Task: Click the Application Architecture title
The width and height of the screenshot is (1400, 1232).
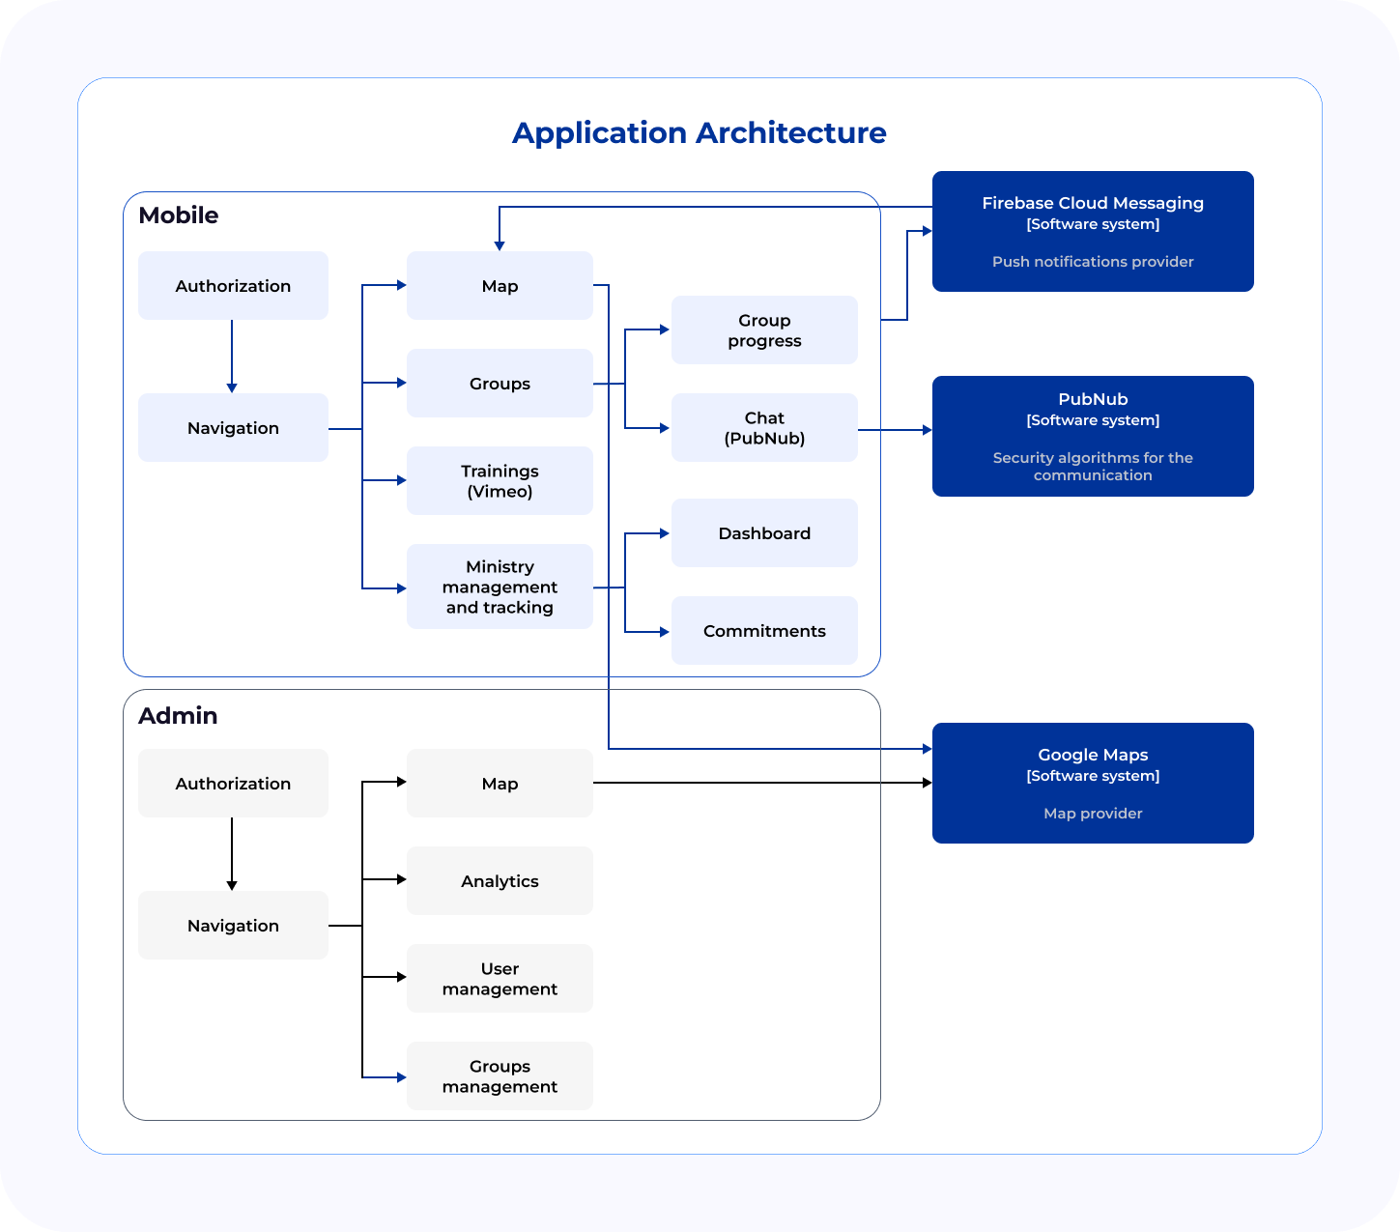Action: pyautogui.click(x=699, y=133)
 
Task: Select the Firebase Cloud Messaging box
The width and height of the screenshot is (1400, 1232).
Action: pyautogui.click(x=1093, y=232)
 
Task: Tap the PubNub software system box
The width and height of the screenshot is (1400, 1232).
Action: pyautogui.click(x=1093, y=436)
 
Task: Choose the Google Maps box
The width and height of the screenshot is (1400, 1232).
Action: pyautogui.click(x=1093, y=783)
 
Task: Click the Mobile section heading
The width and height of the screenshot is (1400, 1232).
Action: pyautogui.click(x=179, y=215)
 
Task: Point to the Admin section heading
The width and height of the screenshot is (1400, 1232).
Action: pyautogui.click(x=178, y=715)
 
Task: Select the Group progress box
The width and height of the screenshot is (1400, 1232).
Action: pyautogui.click(x=764, y=330)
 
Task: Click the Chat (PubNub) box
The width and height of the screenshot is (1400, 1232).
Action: pyautogui.click(x=764, y=428)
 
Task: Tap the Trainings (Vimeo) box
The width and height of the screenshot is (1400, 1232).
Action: pyautogui.click(x=500, y=481)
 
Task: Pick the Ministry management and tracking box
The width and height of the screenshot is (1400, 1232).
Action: pyautogui.click(x=500, y=587)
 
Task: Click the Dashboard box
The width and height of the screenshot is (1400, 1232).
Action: pyautogui.click(x=764, y=532)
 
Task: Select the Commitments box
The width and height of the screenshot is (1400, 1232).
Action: pyautogui.click(x=764, y=631)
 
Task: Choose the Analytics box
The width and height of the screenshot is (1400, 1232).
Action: pyautogui.click(x=500, y=881)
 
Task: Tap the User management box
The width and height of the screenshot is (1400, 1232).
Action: pyautogui.click(x=500, y=979)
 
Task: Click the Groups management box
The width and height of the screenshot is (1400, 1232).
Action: pyautogui.click(x=500, y=1075)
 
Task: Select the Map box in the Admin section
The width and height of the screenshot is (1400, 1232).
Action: pyautogui.click(x=500, y=783)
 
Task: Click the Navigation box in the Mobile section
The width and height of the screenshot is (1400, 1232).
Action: pyautogui.click(x=233, y=428)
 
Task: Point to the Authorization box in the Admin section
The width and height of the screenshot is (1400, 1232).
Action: pyautogui.click(x=233, y=783)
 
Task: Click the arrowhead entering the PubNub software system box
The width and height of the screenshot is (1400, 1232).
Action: pyautogui.click(x=928, y=430)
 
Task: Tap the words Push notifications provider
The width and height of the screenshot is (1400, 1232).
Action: pyautogui.click(x=1093, y=262)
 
